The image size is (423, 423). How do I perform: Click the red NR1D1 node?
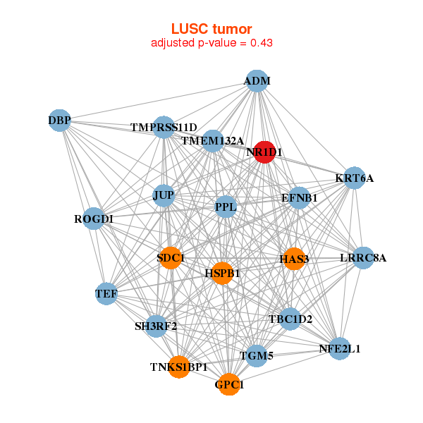click(x=264, y=152)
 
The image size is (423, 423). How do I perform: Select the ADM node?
click(x=257, y=81)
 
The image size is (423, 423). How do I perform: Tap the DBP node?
click(x=60, y=121)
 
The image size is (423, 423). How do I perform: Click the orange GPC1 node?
click(x=229, y=385)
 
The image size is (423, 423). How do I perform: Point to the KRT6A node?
click(x=354, y=178)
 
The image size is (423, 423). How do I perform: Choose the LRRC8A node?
click(x=363, y=258)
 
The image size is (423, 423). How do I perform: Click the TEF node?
click(x=106, y=293)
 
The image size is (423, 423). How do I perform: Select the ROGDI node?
click(x=94, y=219)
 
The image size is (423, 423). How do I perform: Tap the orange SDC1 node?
click(x=170, y=258)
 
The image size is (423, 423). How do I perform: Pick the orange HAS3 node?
click(x=294, y=259)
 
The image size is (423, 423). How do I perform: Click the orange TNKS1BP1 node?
click(x=179, y=367)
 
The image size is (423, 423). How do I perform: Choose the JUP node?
click(x=164, y=195)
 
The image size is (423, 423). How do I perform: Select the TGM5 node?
click(x=256, y=357)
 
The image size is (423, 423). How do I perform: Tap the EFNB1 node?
click(x=299, y=198)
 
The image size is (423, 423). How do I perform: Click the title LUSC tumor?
click(x=211, y=29)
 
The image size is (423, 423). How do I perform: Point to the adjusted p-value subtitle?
click(x=211, y=43)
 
